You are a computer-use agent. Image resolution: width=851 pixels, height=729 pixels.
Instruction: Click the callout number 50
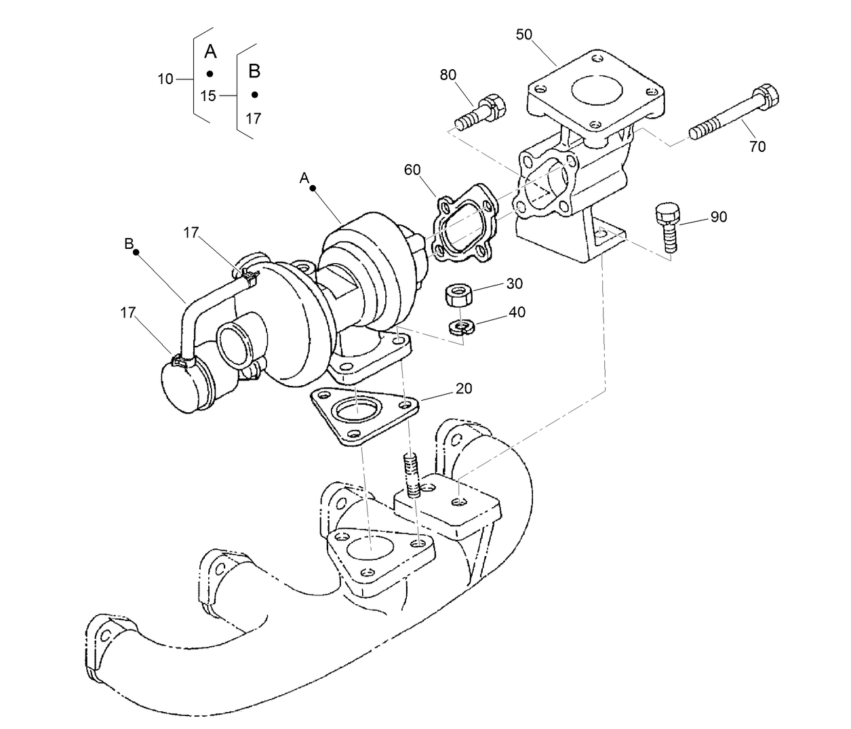point(524,35)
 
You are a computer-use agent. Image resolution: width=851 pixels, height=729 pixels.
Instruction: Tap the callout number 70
point(757,146)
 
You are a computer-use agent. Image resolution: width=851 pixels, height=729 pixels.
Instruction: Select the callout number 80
point(448,75)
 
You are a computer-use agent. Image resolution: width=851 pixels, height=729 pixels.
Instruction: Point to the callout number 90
point(718,216)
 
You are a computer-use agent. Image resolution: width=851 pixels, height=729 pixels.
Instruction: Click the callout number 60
point(412,170)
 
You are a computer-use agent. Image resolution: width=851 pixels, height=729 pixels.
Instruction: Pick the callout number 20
point(464,388)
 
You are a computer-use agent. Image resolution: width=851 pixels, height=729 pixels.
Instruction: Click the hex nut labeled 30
point(458,296)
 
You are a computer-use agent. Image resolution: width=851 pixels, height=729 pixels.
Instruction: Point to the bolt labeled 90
point(667,228)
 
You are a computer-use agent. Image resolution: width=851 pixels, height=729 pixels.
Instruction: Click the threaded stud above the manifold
point(411,473)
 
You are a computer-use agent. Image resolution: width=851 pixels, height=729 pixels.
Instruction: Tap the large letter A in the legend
point(210,52)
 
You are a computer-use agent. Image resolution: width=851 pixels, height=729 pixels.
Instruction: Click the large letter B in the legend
point(254,71)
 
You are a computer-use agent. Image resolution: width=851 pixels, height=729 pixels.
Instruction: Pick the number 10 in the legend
point(165,79)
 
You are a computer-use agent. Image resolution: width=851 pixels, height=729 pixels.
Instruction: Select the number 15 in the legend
point(208,96)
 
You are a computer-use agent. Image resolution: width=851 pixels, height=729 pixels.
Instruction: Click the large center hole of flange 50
point(597,89)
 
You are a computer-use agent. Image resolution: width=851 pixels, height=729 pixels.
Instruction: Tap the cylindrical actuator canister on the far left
point(184,384)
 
